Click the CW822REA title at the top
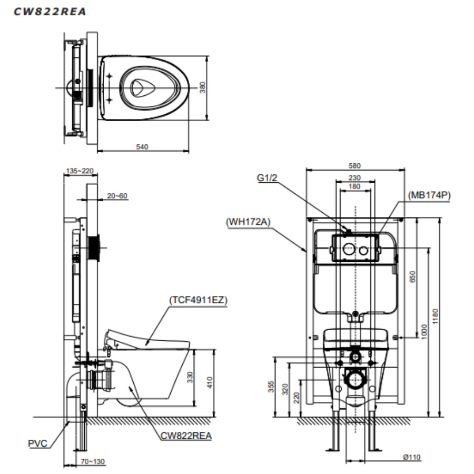pyautogui.click(x=50, y=12)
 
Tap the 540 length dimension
pyautogui.click(x=142, y=146)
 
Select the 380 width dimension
pyautogui.click(x=203, y=87)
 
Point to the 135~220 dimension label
pyautogui.click(x=80, y=171)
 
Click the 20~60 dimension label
pyautogui.click(x=117, y=196)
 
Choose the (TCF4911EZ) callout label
pyautogui.click(x=198, y=300)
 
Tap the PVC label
pyautogui.click(x=38, y=443)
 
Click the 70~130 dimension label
pyautogui.click(x=93, y=461)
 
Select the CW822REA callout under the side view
pyautogui.click(x=186, y=436)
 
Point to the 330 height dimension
pyautogui.click(x=190, y=377)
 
